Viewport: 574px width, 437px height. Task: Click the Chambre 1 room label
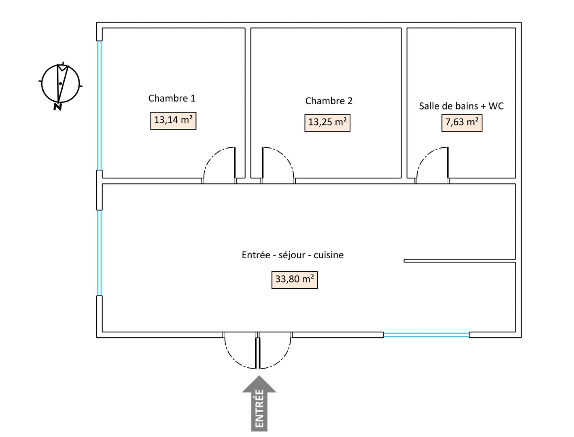(172, 98)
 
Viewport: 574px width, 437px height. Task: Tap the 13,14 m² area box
(173, 121)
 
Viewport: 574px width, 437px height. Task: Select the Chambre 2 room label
(329, 101)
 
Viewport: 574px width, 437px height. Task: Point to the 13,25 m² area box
(327, 123)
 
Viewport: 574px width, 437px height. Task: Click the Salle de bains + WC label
(461, 106)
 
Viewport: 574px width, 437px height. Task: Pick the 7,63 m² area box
(462, 123)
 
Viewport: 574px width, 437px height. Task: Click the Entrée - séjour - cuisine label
(293, 255)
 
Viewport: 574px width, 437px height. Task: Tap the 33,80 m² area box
(295, 280)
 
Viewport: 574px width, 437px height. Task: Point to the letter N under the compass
(57, 107)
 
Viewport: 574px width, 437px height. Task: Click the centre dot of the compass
(61, 83)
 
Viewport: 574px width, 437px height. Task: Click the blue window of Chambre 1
(99, 105)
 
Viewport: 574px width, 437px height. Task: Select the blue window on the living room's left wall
(99, 253)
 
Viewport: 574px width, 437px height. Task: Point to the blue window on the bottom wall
(426, 335)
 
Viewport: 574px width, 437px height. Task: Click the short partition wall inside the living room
(460, 261)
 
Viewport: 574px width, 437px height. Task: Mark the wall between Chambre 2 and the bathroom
(404, 103)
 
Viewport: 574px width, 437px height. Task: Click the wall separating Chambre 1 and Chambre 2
(248, 103)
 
